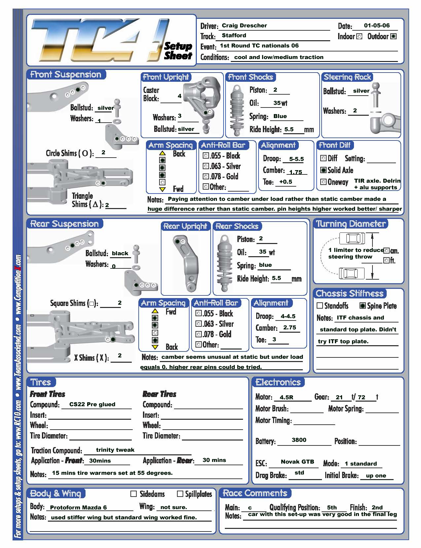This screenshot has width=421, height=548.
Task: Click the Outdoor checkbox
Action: pos(393,36)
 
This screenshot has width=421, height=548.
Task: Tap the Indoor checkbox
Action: pos(360,36)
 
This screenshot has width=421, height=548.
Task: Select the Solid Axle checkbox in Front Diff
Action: pos(324,170)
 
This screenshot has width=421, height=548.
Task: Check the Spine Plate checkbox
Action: pos(363,306)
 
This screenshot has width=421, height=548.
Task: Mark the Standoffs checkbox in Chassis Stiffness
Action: pos(320,306)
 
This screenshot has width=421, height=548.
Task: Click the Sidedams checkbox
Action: pos(134,494)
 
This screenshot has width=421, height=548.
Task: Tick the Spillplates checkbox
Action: pos(180,494)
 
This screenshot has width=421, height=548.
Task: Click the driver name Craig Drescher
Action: pos(244,25)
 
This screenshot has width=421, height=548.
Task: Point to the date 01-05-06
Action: pos(377,25)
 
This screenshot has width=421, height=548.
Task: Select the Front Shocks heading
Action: pos(251,77)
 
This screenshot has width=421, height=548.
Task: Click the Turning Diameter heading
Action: pos(351,224)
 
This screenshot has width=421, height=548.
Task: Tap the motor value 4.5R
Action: pos(286,397)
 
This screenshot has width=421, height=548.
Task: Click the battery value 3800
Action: pos(299,440)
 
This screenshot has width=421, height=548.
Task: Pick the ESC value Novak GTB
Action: pos(297,462)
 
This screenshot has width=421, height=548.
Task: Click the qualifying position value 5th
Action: pos(332,507)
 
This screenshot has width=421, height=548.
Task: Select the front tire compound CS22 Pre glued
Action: pos(92,404)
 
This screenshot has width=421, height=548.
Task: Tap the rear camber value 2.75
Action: pos(289,327)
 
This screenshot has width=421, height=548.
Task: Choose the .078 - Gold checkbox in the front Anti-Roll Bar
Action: pos(206,176)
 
